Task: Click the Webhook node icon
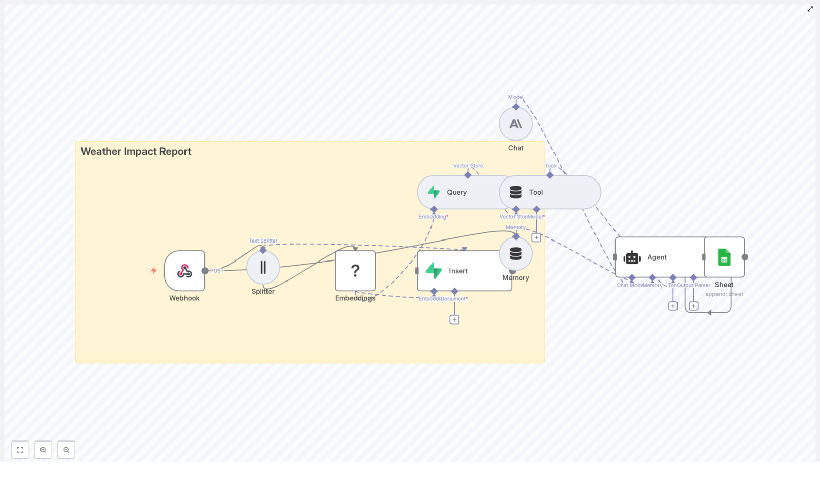184,271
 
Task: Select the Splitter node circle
263,267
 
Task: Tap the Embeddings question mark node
355,271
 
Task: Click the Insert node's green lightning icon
434,271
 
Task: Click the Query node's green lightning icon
434,192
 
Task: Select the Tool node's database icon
516,192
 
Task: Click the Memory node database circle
516,253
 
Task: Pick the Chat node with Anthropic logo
516,124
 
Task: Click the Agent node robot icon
632,257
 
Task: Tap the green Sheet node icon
724,257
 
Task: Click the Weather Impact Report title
136,152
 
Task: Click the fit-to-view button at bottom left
20,450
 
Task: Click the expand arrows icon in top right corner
810,9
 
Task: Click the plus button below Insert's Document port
454,319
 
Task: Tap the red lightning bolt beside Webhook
154,270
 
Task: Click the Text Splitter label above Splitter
263,240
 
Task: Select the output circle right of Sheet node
745,257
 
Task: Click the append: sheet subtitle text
724,294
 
